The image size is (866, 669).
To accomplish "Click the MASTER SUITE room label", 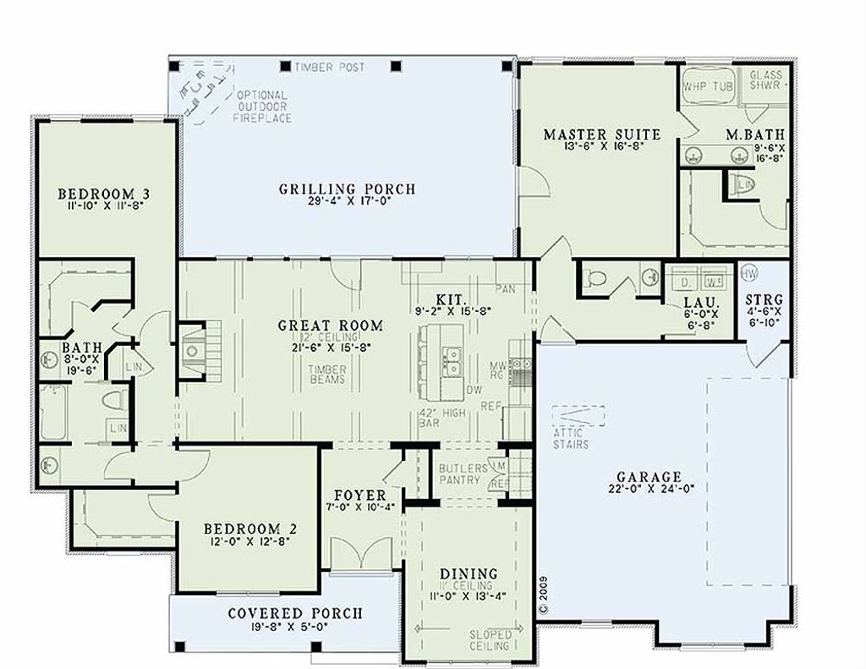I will click(x=601, y=134).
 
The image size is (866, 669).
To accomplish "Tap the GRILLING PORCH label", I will click(x=348, y=189).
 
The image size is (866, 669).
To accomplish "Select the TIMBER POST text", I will click(x=329, y=67).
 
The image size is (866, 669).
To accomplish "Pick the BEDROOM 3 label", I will click(x=105, y=190).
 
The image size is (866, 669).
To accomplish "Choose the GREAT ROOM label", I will click(x=331, y=325).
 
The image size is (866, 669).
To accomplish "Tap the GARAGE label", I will click(x=649, y=476).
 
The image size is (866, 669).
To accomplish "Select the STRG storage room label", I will click(x=765, y=300).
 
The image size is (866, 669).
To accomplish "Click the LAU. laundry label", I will click(x=701, y=302).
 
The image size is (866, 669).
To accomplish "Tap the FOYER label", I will click(x=360, y=495).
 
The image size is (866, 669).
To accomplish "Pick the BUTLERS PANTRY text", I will click(x=463, y=474).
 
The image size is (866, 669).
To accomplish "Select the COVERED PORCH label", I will click(x=295, y=613).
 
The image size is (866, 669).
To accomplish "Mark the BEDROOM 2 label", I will click(x=249, y=529).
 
